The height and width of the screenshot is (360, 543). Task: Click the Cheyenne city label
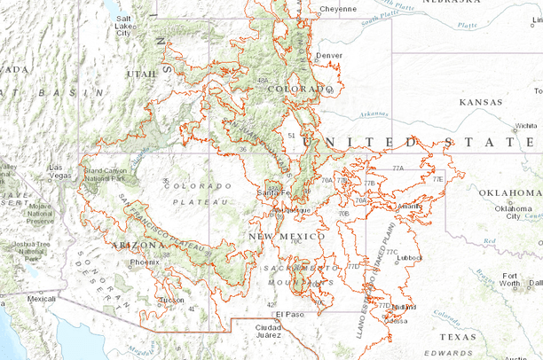click(x=337, y=9)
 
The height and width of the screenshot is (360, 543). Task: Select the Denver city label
click(x=329, y=55)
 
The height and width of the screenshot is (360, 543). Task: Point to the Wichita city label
click(x=527, y=126)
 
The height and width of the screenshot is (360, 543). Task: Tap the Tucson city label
click(x=174, y=300)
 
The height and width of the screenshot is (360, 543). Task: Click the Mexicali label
click(x=41, y=300)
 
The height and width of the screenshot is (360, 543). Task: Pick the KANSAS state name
click(x=480, y=103)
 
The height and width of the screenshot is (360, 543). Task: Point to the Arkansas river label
click(x=374, y=114)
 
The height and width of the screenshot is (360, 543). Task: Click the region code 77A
click(x=397, y=168)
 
